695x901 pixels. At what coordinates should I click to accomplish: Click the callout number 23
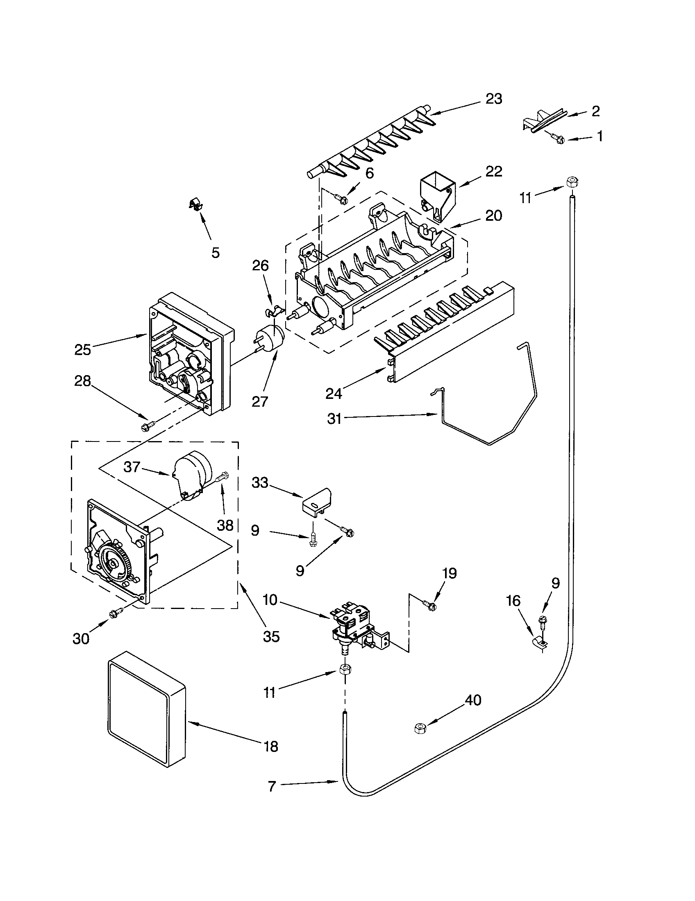pos(494,100)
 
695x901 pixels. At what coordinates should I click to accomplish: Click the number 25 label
pos(82,350)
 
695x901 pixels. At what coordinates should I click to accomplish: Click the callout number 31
pos(334,419)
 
